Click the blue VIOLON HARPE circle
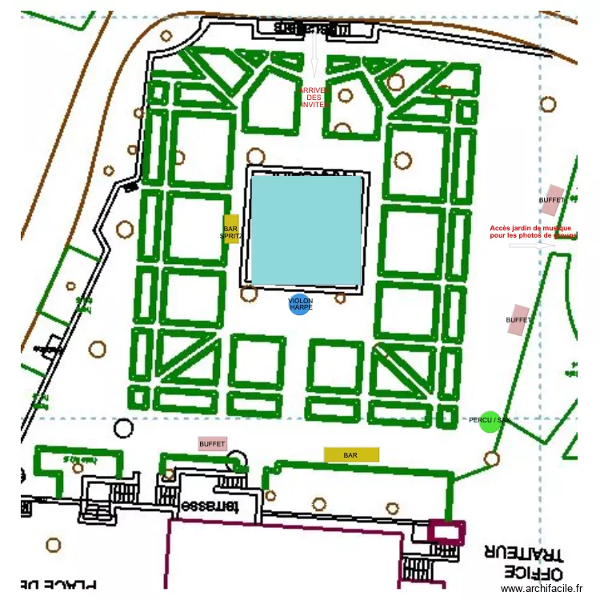pyautogui.click(x=299, y=305)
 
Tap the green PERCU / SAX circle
pyautogui.click(x=489, y=422)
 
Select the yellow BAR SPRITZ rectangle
pyautogui.click(x=231, y=229)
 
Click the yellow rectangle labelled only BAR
pyautogui.click(x=351, y=454)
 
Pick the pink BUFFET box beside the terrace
pyautogui.click(x=213, y=443)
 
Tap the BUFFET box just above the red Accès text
pyautogui.click(x=552, y=200)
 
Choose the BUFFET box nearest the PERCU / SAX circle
pyautogui.click(x=519, y=319)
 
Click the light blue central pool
pyautogui.click(x=306, y=230)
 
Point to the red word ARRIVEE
pyautogui.click(x=314, y=90)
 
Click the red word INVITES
pyautogui.click(x=314, y=105)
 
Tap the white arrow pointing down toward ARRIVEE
pyautogui.click(x=314, y=61)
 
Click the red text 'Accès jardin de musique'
pyautogui.click(x=532, y=228)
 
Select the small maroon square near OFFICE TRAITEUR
pyautogui.click(x=446, y=532)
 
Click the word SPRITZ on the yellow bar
pyautogui.click(x=231, y=236)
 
